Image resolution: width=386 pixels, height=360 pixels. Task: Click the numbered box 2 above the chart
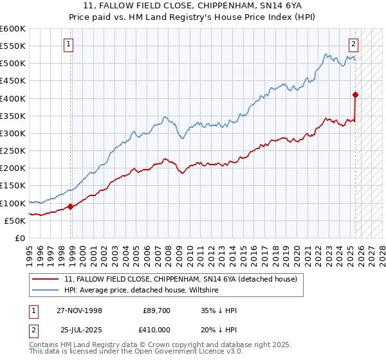[354, 44]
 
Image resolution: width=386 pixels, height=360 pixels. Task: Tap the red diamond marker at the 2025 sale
[355, 95]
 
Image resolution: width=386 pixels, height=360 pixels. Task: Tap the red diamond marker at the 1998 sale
[70, 206]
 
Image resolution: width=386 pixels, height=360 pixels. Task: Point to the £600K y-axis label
[13, 29]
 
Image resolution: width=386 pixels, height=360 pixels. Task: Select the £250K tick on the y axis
[13, 151]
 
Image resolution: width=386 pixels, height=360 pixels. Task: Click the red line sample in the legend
[46, 279]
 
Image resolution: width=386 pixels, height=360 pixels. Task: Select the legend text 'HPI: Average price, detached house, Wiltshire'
[142, 291]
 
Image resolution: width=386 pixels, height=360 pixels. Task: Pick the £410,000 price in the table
[157, 329]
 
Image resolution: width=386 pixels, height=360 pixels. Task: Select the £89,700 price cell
[157, 310]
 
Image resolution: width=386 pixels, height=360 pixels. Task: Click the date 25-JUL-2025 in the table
[80, 329]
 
